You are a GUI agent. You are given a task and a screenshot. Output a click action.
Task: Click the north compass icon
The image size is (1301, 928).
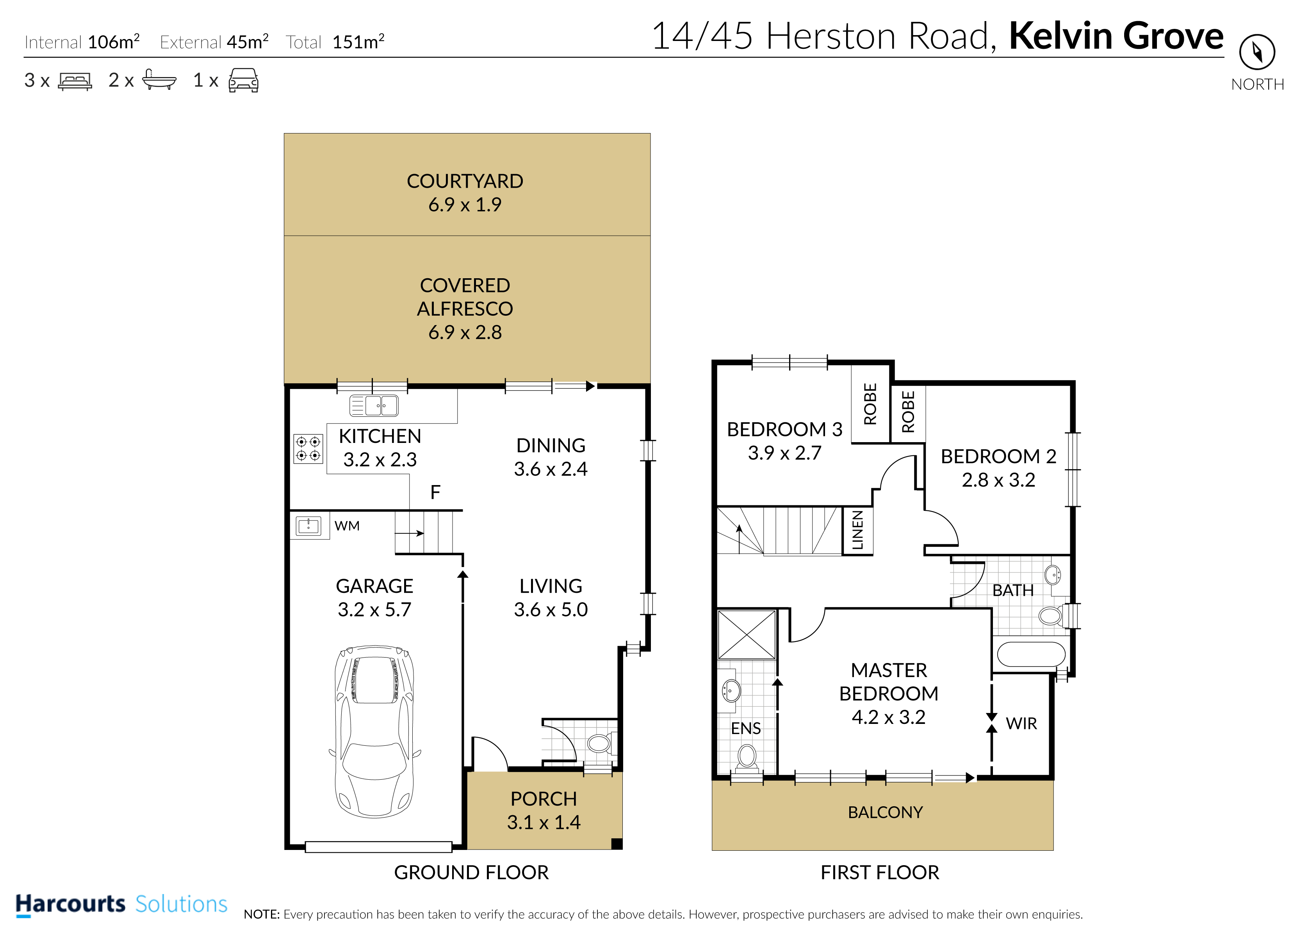(1257, 52)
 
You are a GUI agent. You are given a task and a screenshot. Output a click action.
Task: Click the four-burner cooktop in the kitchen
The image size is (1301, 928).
(308, 448)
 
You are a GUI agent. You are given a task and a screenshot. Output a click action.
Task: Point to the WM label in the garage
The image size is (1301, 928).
(347, 526)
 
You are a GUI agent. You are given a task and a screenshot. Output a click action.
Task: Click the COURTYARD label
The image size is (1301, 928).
(465, 181)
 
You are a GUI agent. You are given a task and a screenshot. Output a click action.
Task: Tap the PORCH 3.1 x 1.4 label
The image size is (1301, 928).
(544, 810)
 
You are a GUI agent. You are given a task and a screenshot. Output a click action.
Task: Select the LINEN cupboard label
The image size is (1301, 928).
(857, 530)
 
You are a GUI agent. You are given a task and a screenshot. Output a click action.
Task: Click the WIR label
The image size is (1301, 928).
(1021, 724)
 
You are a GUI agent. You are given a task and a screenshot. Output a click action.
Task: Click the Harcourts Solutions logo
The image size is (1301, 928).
(121, 905)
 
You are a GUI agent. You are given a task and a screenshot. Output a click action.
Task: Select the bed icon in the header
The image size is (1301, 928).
(75, 81)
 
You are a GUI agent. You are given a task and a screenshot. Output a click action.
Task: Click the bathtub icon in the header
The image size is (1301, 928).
(159, 80)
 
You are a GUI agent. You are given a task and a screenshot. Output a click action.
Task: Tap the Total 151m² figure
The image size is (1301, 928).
(335, 42)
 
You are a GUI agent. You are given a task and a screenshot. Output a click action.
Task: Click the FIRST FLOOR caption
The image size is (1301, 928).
(880, 873)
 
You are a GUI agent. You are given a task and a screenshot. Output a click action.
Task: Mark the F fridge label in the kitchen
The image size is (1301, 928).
(435, 492)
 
